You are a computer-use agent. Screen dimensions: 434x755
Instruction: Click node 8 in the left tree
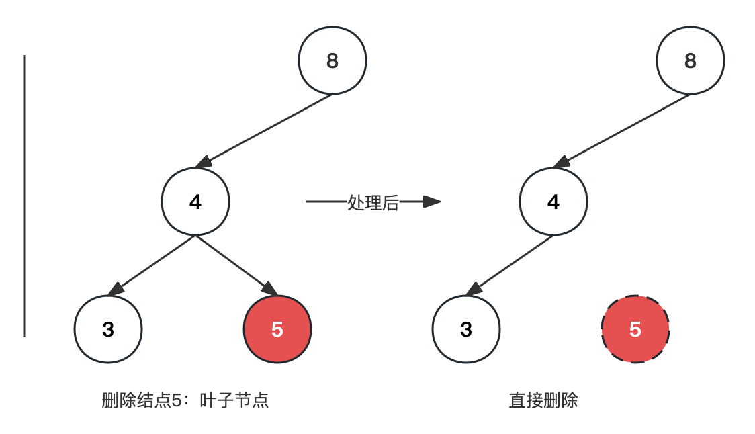click(332, 61)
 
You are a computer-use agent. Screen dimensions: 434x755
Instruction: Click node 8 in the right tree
click(691, 61)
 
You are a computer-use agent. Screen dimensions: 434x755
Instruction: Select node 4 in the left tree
click(195, 202)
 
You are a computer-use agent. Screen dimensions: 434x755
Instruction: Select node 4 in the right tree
click(553, 202)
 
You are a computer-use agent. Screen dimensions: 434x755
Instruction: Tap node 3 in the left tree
click(108, 329)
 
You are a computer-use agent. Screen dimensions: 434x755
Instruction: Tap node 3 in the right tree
click(466, 329)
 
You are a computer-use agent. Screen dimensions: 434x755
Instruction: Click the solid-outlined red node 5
click(277, 329)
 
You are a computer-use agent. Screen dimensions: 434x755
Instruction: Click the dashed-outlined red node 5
click(635, 329)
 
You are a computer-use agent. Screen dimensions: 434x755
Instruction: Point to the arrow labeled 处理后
click(326, 201)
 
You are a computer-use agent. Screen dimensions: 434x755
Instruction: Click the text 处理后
click(373, 202)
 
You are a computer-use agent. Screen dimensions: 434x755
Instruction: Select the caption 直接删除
click(543, 401)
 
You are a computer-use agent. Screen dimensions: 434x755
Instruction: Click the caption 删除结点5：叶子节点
click(185, 401)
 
